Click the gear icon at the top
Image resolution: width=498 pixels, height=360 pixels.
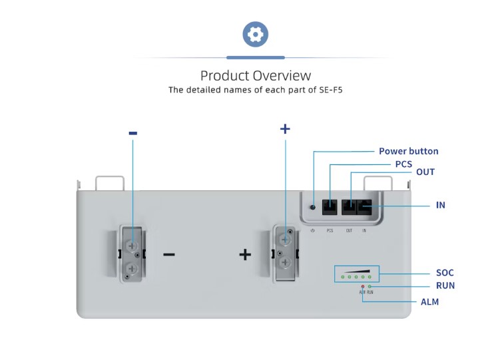255,34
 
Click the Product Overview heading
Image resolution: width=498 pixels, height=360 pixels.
255,75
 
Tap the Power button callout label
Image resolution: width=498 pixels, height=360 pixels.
408,151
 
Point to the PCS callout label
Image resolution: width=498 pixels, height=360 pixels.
403,164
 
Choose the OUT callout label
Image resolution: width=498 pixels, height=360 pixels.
425,172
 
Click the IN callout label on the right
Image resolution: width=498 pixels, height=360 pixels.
440,205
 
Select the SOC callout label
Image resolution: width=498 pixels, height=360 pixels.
444,273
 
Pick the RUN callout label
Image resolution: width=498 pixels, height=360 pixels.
444,285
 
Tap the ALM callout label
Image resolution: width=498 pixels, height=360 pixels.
429,301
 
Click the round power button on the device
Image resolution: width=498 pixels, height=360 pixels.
313,207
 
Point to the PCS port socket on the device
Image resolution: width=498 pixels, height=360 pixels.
330,206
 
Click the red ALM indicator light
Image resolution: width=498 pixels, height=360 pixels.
362,286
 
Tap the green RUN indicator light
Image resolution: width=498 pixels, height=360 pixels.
370,286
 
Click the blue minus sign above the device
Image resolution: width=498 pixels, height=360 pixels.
132,133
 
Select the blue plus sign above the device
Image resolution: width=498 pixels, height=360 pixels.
285,128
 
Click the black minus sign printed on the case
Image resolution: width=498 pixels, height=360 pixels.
169,254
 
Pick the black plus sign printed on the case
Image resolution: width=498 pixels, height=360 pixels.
245,254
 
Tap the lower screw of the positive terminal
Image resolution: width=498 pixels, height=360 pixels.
286,264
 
